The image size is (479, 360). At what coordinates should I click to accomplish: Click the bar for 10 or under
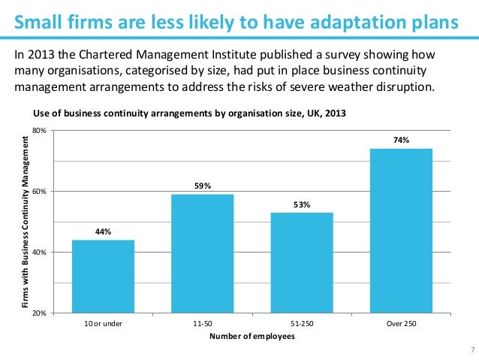tap(102, 275)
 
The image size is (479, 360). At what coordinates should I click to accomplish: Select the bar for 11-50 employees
tap(202, 253)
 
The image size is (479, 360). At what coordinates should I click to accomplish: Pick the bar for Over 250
tap(401, 229)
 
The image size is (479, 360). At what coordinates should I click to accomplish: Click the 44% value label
tap(103, 231)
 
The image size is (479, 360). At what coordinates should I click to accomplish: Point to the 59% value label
tap(202, 186)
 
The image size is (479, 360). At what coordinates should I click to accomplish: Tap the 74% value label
tap(401, 140)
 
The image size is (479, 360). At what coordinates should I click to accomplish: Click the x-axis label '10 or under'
tap(103, 324)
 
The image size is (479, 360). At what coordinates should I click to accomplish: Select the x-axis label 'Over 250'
tap(401, 324)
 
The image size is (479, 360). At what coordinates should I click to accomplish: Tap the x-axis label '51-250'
tap(302, 324)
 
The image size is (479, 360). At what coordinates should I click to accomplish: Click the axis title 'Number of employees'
tap(252, 336)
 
